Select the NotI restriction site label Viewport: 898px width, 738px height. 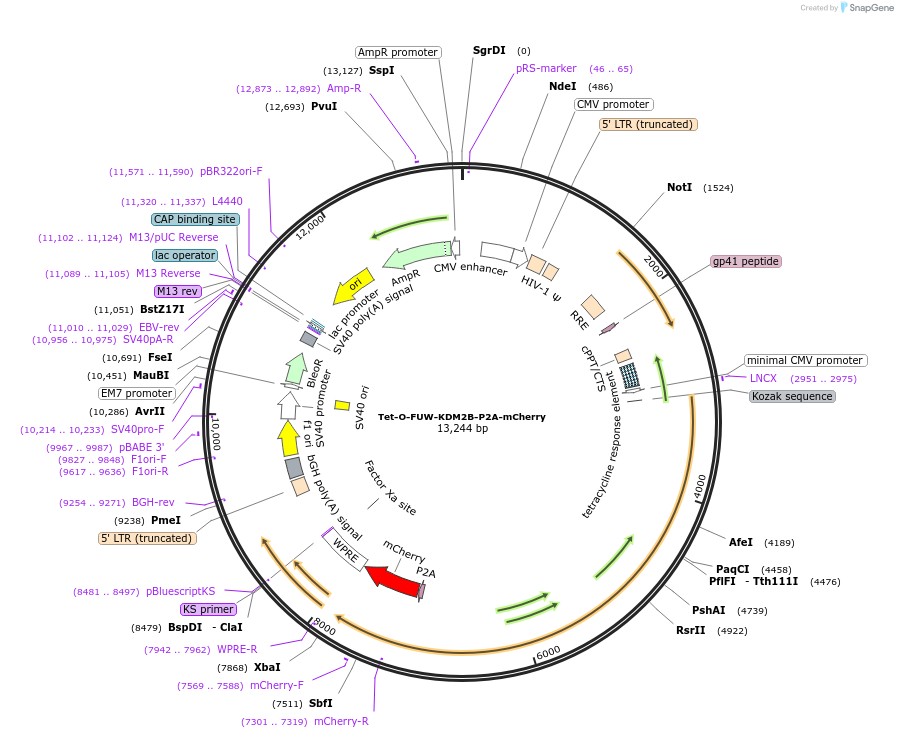click(679, 187)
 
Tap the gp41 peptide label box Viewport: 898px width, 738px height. click(745, 261)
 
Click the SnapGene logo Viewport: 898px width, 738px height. click(867, 7)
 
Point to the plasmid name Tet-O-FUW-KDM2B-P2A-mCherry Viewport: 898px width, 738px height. click(461, 415)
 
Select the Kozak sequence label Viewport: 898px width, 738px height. click(792, 396)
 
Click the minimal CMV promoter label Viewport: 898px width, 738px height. click(805, 360)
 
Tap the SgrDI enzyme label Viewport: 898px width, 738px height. click(489, 50)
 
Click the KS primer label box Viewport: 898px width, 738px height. click(208, 609)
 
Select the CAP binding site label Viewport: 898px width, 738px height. click(195, 219)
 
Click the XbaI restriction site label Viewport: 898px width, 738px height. click(267, 667)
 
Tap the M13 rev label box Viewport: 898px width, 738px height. click(178, 291)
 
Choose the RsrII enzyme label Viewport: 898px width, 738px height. click(690, 630)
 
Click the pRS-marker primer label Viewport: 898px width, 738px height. click(546, 68)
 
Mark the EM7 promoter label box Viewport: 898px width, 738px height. click(137, 393)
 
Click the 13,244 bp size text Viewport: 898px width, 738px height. click(462, 429)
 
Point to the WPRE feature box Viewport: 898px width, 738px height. click(346, 551)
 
